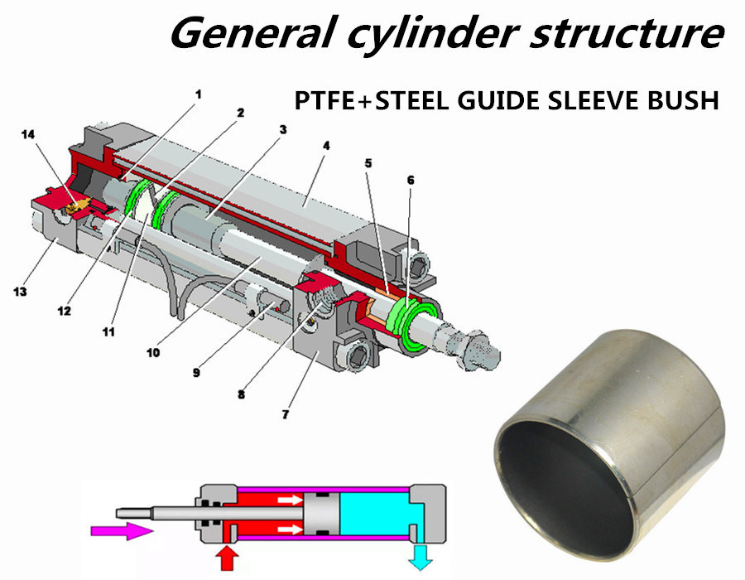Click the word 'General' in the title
[x=240, y=33]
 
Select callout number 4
[x=326, y=145]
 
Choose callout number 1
[x=198, y=94]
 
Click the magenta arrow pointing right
[x=124, y=530]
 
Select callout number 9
[x=197, y=373]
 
